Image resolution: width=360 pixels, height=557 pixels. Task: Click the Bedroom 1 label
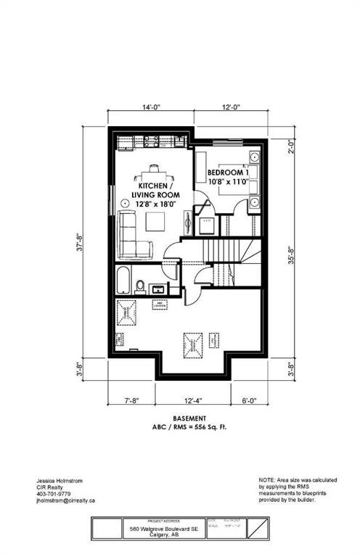(x=228, y=176)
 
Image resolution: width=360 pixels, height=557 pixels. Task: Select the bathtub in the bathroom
(x=125, y=281)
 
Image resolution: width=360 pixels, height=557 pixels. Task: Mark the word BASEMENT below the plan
(x=189, y=418)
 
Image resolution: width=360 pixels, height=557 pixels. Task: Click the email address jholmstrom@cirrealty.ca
(x=66, y=500)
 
